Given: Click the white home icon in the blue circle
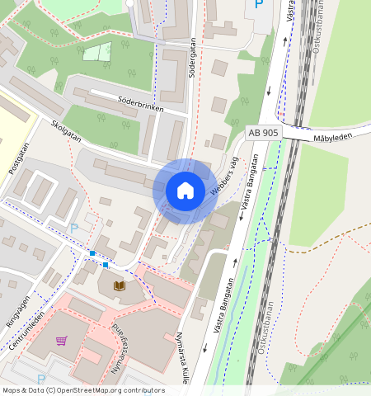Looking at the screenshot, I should (185, 191).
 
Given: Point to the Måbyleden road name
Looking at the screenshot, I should (333, 138).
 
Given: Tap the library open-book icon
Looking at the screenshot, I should (119, 285).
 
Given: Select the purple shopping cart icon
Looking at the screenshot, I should (61, 340).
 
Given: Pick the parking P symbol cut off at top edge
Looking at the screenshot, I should (258, 4).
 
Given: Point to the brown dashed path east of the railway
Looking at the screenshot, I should (330, 239).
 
